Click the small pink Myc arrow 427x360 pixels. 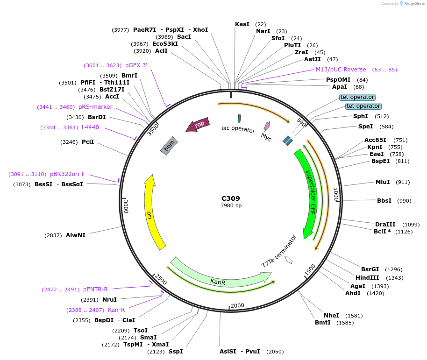[267, 126]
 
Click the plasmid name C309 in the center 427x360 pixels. [231, 198]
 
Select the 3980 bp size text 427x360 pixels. [231, 205]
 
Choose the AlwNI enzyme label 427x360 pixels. [76, 235]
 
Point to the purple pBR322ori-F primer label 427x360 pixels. [68, 174]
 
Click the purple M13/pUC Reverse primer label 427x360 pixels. [341, 70]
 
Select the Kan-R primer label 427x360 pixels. [116, 310]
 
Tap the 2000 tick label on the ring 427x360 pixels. [237, 305]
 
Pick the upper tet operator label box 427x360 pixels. [357, 97]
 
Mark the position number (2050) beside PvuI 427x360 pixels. [274, 352]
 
